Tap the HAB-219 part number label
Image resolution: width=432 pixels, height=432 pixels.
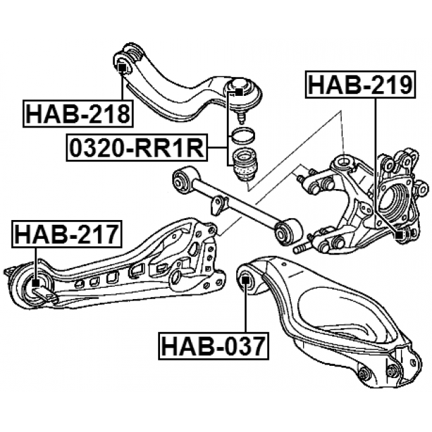click(x=359, y=86)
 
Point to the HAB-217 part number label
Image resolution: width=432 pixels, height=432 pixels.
click(x=66, y=235)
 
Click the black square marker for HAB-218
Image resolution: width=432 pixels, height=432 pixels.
click(x=122, y=67)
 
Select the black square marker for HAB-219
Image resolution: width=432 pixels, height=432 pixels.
click(x=399, y=234)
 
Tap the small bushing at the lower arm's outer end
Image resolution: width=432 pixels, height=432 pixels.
click(x=364, y=374)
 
